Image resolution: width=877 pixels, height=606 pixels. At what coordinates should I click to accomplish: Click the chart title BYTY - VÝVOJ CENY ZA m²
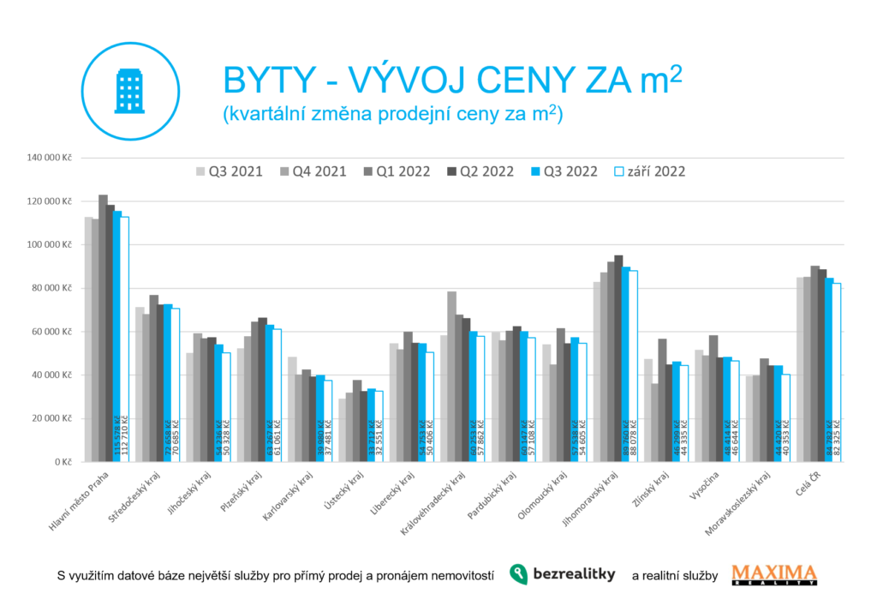[452, 81]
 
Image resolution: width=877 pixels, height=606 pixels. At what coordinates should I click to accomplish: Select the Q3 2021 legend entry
[230, 171]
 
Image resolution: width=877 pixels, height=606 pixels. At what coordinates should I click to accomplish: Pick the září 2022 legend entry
[650, 171]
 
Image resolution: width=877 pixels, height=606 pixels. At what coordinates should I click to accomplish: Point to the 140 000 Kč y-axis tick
[51, 158]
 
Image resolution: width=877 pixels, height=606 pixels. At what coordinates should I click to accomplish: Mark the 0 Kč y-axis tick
[65, 461]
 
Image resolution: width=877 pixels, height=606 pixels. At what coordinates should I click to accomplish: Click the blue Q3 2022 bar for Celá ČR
[829, 369]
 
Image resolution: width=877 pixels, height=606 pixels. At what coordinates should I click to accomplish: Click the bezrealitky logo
[562, 574]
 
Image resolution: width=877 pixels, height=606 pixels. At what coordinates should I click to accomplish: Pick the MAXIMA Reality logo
[774, 574]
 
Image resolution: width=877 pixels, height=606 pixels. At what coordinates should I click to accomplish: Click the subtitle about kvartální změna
[391, 114]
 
